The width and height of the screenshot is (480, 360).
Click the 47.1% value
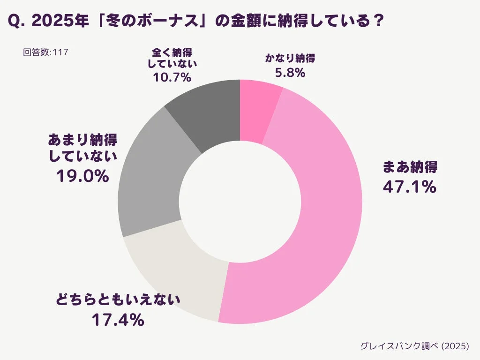(x=410, y=187)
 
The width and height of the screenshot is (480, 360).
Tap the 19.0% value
(x=82, y=176)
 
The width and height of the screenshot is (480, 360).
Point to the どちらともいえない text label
(x=118, y=300)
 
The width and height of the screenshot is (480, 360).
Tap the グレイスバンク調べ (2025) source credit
(x=414, y=346)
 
